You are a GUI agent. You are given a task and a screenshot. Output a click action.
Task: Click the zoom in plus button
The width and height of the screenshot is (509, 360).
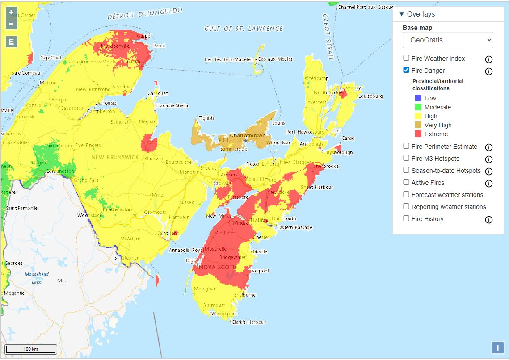click(x=11, y=13)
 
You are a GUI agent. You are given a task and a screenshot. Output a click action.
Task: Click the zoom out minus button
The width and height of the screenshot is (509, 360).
click(x=11, y=24)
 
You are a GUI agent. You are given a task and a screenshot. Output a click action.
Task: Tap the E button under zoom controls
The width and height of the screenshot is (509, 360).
click(x=11, y=42)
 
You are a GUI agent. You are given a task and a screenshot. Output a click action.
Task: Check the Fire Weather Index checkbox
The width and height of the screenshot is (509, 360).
click(x=406, y=58)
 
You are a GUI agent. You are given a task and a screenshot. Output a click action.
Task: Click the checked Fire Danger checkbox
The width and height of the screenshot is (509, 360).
click(x=406, y=70)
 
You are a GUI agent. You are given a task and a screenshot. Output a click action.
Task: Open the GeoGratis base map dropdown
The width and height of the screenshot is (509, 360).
click(x=448, y=40)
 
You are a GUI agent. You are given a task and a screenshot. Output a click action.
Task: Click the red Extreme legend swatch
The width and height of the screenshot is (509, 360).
click(x=418, y=134)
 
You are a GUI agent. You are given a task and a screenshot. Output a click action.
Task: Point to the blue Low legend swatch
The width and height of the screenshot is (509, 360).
click(x=418, y=98)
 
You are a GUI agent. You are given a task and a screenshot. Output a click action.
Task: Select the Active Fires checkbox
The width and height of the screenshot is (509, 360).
click(x=406, y=182)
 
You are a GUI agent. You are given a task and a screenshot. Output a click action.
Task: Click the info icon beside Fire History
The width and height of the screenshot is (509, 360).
click(x=489, y=219)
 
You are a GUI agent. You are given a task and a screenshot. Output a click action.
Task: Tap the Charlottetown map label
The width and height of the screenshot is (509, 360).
click(x=248, y=135)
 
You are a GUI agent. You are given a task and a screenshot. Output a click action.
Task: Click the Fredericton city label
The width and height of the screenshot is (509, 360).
click(x=117, y=209)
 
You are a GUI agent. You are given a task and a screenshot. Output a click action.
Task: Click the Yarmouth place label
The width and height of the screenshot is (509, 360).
click(x=215, y=305)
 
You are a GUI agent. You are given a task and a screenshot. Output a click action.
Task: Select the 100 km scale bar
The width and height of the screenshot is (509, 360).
click(x=30, y=349)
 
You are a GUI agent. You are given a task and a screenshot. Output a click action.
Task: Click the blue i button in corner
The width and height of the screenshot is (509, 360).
click(x=497, y=347)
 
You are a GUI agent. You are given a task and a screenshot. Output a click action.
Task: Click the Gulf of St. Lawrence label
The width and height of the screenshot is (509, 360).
click(x=244, y=29)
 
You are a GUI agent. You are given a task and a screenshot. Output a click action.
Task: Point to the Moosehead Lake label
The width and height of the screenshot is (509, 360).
click(x=37, y=278)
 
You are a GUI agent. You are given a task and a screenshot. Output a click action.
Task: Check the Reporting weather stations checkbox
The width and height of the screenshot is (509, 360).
click(x=406, y=206)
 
